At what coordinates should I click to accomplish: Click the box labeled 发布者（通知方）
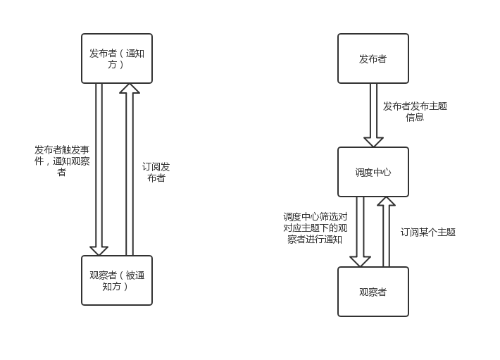(x=117, y=58)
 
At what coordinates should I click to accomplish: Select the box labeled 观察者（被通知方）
(x=117, y=280)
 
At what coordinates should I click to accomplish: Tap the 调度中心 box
(x=373, y=172)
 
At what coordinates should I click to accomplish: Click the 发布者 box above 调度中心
(x=373, y=58)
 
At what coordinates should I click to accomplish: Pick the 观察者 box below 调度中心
(x=373, y=292)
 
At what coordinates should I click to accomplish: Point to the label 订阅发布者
(x=156, y=172)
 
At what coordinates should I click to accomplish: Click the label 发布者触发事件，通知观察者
(x=62, y=161)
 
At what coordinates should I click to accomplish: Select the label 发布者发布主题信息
(x=415, y=111)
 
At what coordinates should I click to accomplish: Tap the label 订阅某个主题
(x=428, y=232)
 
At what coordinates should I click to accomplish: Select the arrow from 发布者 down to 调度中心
(x=373, y=113)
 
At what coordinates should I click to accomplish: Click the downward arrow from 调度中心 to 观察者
(x=360, y=229)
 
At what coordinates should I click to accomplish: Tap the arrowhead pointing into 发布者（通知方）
(x=130, y=89)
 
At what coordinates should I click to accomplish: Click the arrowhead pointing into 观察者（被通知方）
(x=99, y=250)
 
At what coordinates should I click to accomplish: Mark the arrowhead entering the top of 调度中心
(x=373, y=142)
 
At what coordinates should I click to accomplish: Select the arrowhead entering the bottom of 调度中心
(x=386, y=201)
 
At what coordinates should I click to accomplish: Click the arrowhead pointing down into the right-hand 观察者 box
(x=360, y=261)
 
